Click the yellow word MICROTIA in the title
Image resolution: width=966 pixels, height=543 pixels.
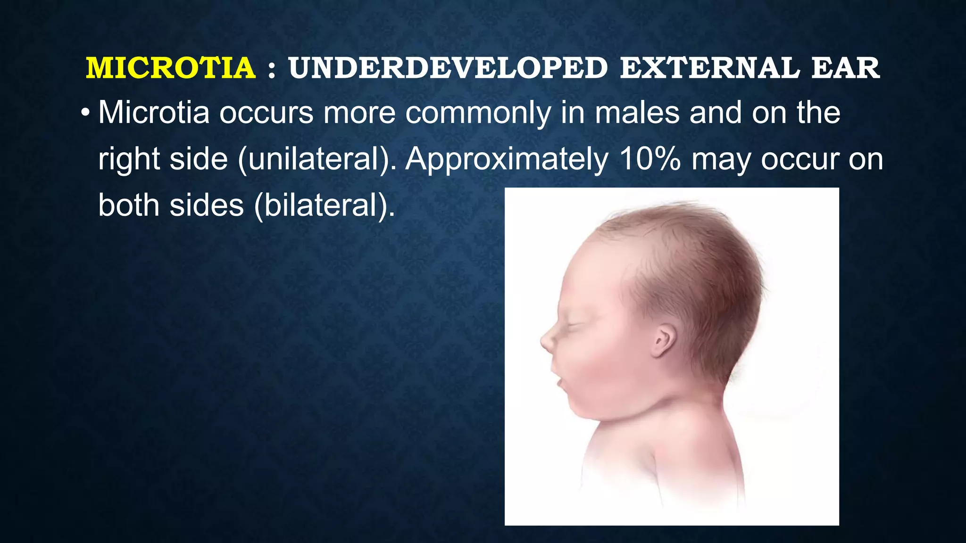[171, 68]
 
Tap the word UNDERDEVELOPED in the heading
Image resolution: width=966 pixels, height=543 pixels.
[448, 68]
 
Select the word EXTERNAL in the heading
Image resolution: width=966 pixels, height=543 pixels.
[710, 68]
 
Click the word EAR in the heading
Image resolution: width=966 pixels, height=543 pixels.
[845, 68]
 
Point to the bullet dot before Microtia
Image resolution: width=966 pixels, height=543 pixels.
[85, 114]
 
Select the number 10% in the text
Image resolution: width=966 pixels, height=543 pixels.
[650, 159]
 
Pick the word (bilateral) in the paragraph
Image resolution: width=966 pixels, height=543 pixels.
[325, 206]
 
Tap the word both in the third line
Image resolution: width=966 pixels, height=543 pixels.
[129, 206]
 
